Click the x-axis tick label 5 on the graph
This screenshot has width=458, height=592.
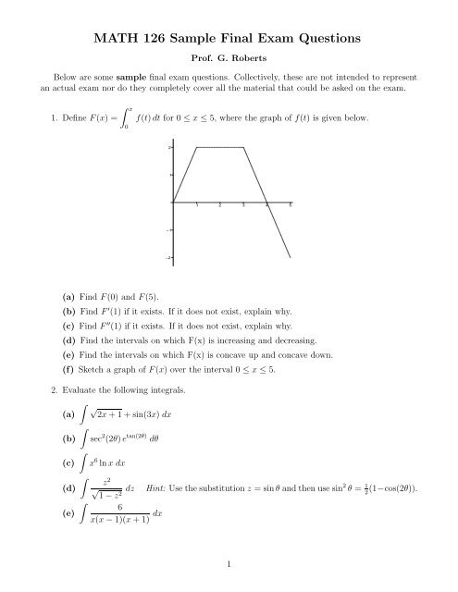291,207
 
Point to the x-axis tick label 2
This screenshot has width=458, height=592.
219,207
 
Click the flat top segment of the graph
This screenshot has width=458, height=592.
219,147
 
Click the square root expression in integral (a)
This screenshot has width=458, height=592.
127,423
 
